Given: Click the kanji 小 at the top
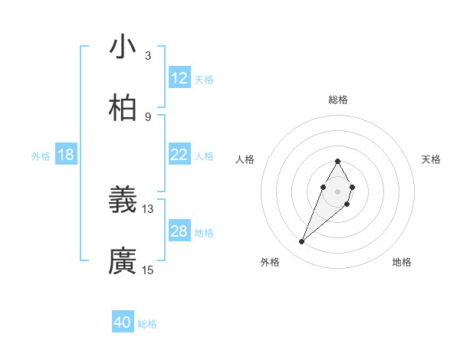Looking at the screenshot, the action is coord(123,47).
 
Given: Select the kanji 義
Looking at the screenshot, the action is coord(123,200).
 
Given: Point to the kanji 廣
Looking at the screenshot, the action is coord(123,261).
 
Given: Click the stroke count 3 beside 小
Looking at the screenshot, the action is coord(148,56).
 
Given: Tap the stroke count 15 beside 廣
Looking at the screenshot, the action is coord(148,270).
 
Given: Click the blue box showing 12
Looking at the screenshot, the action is coord(179,78).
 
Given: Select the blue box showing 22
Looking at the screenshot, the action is coord(179,155).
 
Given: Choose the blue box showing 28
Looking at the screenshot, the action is coord(179,231).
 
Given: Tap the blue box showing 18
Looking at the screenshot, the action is coord(66,155).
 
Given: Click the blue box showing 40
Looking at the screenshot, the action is coord(123,322).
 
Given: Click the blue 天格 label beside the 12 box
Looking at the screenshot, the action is coord(204,80).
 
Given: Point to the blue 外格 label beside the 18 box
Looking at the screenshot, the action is coord(41,156).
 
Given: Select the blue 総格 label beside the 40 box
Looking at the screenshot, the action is coord(147,324).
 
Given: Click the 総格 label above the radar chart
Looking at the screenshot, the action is coord(338,100).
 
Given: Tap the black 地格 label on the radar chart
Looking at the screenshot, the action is coord(402,262).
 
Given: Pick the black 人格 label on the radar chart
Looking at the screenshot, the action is coord(245,159).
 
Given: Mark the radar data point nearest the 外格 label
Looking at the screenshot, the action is coord(302,242).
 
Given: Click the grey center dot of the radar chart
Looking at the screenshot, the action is coord(337,191).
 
